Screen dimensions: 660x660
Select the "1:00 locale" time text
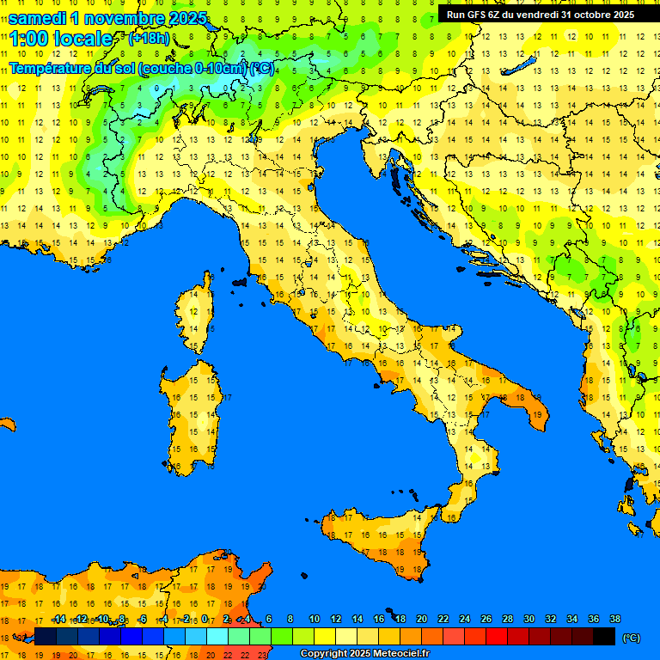(60, 39)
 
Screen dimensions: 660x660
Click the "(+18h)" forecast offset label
(149, 39)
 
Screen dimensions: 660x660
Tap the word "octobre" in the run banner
(584, 15)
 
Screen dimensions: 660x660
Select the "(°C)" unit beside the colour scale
(631, 638)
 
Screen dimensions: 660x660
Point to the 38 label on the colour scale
(615, 620)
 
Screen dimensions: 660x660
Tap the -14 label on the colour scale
(58, 620)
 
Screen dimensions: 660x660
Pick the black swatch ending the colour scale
(604, 637)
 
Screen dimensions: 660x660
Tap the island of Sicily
(374, 541)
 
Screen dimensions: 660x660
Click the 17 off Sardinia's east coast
(228, 398)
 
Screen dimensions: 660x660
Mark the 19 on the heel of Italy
(537, 415)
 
